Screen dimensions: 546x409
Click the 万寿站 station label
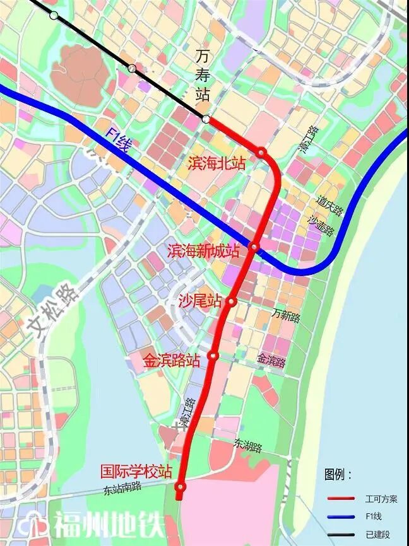point(202,76)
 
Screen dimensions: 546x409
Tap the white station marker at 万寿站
point(206,119)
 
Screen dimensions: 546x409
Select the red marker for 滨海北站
point(261,152)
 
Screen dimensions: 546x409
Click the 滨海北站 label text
point(216,163)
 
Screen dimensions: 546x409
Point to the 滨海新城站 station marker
point(254,247)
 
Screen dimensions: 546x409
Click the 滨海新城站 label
point(204,251)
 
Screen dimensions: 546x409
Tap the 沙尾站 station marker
point(232,301)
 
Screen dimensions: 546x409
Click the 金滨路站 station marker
point(213,356)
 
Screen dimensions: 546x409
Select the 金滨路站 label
point(172,361)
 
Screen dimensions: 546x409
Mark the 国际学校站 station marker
point(181,487)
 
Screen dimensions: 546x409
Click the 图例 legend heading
point(339,474)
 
